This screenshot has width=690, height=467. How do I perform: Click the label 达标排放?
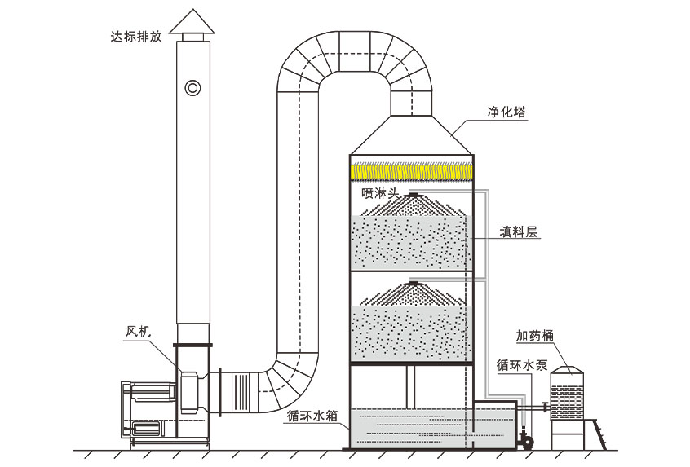135,35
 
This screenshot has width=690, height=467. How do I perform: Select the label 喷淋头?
379,193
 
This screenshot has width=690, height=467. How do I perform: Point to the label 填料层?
519,231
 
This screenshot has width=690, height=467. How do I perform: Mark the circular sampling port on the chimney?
193,86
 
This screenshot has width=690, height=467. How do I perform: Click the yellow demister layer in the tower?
411,172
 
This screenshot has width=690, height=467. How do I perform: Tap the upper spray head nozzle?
414,196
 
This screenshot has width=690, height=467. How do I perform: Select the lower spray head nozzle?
414,283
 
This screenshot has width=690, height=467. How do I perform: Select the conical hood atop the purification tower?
411,135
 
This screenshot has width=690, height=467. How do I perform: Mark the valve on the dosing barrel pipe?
544,404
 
